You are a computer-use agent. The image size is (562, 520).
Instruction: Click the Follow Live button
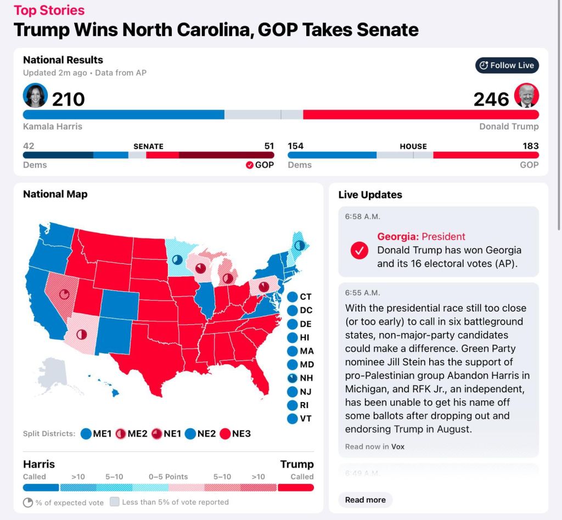507,65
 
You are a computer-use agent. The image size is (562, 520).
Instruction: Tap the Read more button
365,500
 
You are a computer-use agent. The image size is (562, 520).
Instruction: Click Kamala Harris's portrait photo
36,96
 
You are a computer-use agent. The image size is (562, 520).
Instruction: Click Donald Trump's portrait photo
527,96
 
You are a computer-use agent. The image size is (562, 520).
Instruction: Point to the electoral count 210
69,99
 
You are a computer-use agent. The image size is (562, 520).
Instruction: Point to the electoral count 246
491,99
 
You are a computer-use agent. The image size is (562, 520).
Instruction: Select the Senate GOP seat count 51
269,146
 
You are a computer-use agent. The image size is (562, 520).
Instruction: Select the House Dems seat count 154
296,146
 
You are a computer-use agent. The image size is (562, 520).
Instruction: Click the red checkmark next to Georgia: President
359,250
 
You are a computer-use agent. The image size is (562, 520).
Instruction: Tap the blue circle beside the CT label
293,297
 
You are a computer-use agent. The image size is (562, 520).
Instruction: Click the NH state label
306,378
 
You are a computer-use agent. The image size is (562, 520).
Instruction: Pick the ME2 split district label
138,434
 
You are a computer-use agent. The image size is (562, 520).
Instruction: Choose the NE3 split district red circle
224,434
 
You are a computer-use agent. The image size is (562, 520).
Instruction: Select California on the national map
44,307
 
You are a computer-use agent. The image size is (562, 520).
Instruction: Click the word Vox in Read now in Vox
398,446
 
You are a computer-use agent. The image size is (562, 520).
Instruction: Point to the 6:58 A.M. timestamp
362,217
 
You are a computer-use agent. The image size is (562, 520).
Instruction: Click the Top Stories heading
49,10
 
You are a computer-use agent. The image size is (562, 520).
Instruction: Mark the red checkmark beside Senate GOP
249,165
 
